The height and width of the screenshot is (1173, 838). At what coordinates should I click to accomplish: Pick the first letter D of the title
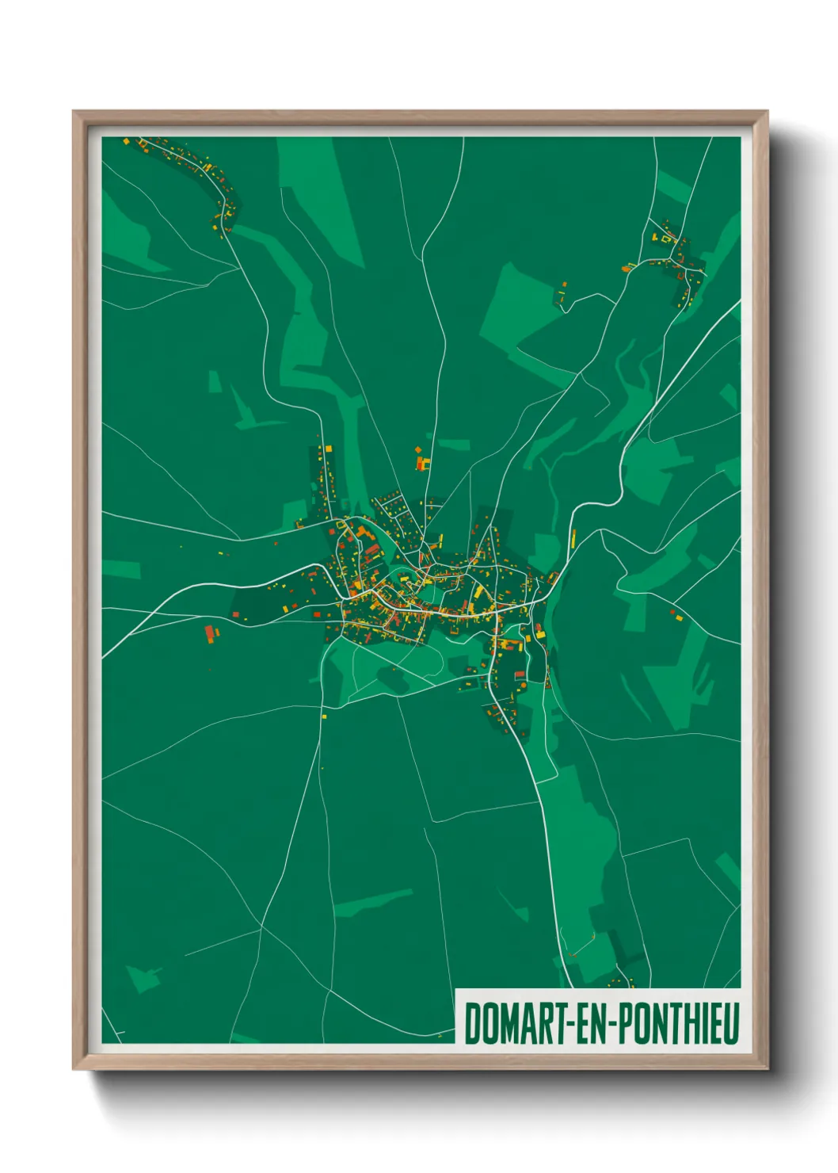click(473, 1023)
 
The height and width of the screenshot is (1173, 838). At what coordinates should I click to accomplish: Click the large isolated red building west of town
click(211, 634)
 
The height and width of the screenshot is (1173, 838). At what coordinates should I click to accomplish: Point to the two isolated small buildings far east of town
click(676, 614)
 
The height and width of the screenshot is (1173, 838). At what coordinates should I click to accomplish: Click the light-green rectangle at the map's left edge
click(120, 569)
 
